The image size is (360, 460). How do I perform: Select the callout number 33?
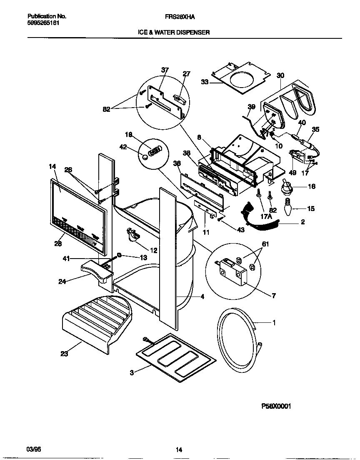205,82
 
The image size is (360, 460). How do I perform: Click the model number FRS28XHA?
180,17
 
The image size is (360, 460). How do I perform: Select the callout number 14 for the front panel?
52,166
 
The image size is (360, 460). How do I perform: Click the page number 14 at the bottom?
178,450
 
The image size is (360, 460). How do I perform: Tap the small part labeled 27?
179,97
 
